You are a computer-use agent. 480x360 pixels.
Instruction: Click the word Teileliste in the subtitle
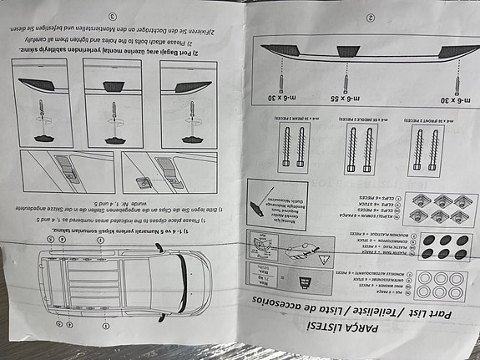point(364,318)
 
